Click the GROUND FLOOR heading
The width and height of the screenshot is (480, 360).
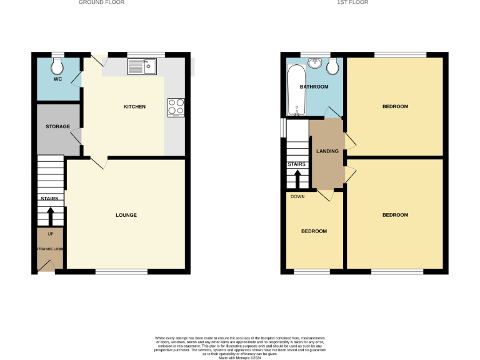click(x=101, y=2)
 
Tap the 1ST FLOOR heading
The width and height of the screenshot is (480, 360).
click(x=352, y=2)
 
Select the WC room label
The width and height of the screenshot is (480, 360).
click(x=57, y=79)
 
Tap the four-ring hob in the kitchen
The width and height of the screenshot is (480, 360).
click(x=176, y=107)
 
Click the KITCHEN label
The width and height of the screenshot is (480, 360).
click(x=134, y=107)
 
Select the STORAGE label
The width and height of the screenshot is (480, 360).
click(x=57, y=127)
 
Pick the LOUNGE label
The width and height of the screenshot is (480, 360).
click(x=126, y=215)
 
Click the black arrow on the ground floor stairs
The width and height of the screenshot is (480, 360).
click(x=51, y=216)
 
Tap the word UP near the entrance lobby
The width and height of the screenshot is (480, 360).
click(x=51, y=234)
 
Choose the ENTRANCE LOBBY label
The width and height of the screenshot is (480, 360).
click(x=50, y=249)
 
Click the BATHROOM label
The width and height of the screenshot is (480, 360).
click(x=314, y=87)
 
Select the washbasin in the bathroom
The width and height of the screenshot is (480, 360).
click(x=314, y=64)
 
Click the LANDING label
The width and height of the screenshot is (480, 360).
click(x=327, y=151)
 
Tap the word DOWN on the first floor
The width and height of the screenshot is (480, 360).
click(x=297, y=196)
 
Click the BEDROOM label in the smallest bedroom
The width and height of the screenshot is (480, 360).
click(x=314, y=231)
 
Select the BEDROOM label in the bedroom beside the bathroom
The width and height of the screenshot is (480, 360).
click(x=395, y=107)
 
